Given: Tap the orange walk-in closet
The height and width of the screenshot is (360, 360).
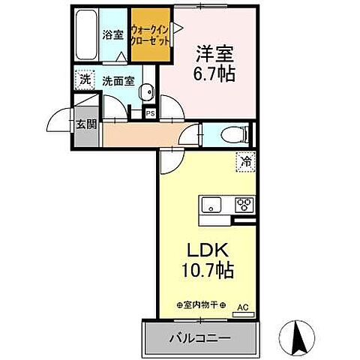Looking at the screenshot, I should click(x=149, y=34).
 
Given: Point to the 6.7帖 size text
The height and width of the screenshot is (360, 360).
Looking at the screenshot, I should click(x=213, y=73).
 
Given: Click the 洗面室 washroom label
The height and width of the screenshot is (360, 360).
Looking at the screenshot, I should click(x=118, y=79).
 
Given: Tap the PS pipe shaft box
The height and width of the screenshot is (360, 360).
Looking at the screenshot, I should click(x=151, y=114).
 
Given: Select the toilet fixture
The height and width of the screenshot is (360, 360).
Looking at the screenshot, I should click(x=233, y=135).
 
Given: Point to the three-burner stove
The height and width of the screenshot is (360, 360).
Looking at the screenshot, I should click(x=244, y=203).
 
